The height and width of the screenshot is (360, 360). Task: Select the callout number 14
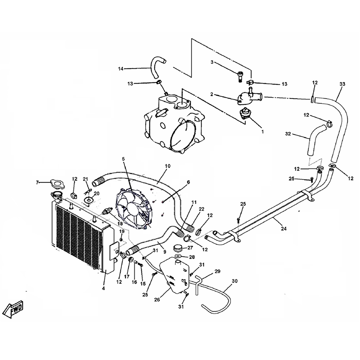[120, 69]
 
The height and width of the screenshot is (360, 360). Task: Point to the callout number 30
[235, 281]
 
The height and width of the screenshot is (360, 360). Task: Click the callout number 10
[167, 166]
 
